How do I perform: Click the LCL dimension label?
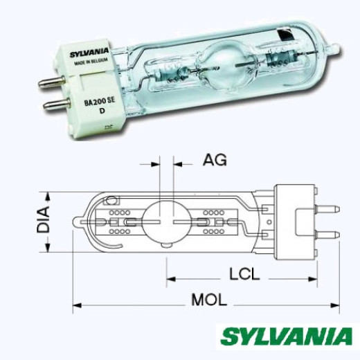pos(246,275)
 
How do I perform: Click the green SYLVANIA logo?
pos(286,338)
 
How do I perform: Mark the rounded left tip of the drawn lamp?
pos(75,222)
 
